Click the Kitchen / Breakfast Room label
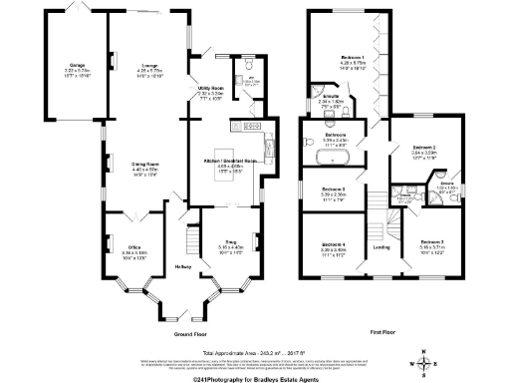coord(231,161)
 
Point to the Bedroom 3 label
coord(430,242)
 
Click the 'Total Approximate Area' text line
coord(255,354)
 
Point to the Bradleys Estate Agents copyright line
coord(255,378)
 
